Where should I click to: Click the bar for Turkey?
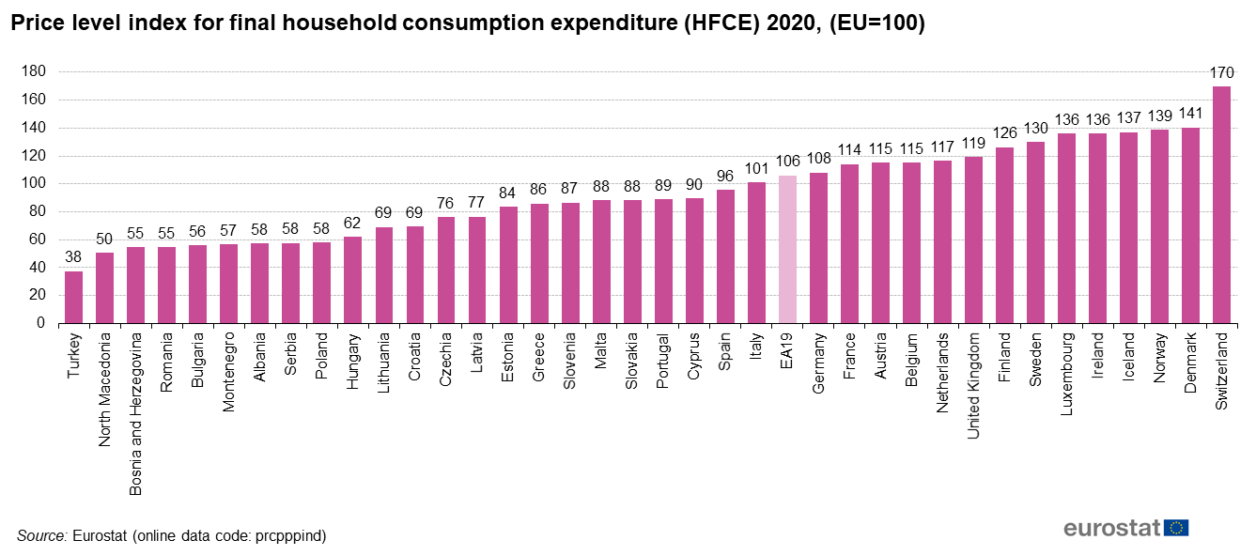pyautogui.click(x=73, y=297)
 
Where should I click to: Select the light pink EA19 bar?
pyautogui.click(x=787, y=249)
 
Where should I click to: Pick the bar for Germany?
pyautogui.click(x=818, y=248)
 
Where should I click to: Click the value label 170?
pyautogui.click(x=1221, y=73)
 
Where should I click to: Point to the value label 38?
pyautogui.click(x=73, y=257)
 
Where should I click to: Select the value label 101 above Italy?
pyautogui.click(x=756, y=170)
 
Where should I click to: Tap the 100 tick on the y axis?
pyautogui.click(x=34, y=184)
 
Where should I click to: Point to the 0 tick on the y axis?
pyautogui.click(x=41, y=323)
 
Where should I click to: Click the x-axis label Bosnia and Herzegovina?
pyautogui.click(x=136, y=413)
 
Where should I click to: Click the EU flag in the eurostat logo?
pyautogui.click(x=1176, y=528)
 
